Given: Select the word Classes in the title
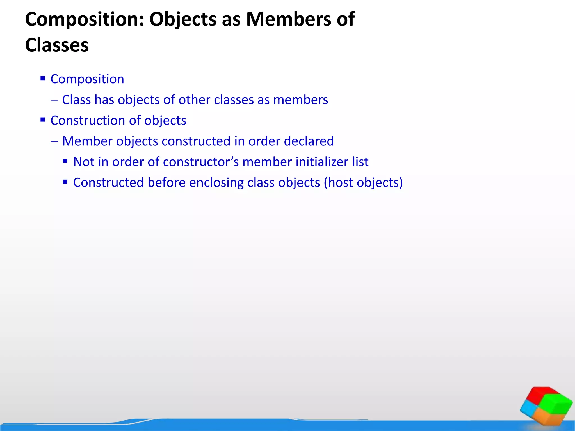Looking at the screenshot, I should [57, 45].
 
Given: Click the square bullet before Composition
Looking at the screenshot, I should [43, 78].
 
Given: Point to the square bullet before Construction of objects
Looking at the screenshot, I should [43, 120].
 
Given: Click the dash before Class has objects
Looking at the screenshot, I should [54, 100].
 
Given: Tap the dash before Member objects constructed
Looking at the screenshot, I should [54, 141].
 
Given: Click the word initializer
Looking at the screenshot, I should [322, 162].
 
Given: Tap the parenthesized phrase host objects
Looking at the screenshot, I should [363, 183].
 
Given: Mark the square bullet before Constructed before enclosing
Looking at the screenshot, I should [65, 182].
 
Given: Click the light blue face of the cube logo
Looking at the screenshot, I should [530, 408].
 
